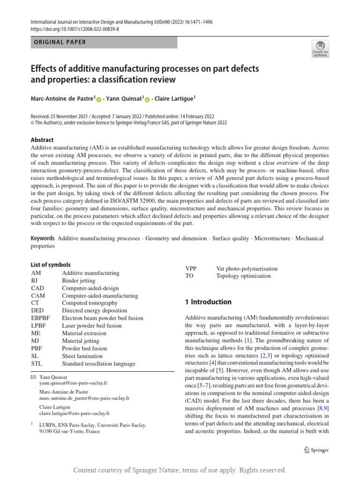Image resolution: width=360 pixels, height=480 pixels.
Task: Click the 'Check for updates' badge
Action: click(320, 48)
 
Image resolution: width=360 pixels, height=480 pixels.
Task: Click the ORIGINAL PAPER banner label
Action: click(60, 42)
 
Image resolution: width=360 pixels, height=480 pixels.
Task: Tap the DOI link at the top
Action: click(75, 29)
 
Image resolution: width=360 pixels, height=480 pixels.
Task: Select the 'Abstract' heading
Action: click(42, 140)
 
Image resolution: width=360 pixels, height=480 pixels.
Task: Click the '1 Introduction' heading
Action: click(208, 302)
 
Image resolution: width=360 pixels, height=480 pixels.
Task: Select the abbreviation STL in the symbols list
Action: click(37, 363)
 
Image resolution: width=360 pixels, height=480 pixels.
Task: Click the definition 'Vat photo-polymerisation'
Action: click(247, 269)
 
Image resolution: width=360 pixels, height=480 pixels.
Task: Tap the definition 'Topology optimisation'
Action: click(243, 276)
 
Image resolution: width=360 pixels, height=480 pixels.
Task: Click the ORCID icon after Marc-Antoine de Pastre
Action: click(99, 99)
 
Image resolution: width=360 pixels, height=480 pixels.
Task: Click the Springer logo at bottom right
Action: click(316, 450)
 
